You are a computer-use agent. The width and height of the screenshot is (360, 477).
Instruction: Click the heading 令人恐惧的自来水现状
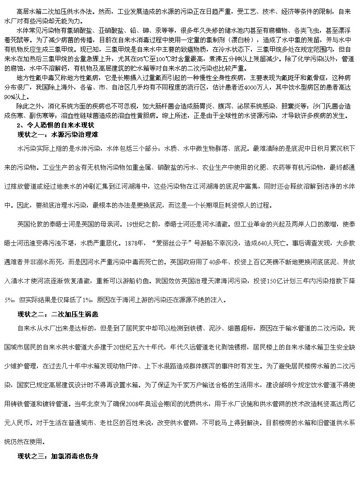point(59,125)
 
